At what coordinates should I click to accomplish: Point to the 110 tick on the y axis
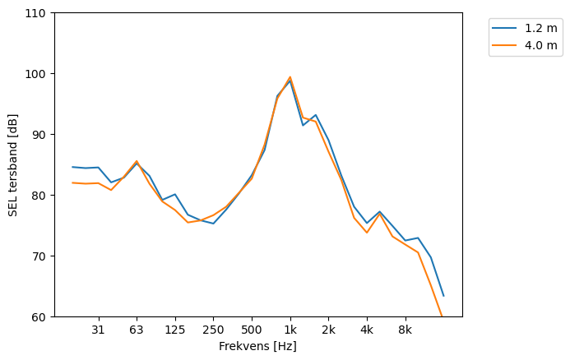[36, 13]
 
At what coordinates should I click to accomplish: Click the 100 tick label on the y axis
[36, 74]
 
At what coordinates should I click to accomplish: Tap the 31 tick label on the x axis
[99, 330]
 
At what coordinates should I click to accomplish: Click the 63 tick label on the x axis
[137, 330]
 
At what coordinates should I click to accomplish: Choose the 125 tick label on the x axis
[175, 330]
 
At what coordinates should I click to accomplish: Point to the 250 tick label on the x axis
[213, 330]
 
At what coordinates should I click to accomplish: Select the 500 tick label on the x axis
[252, 330]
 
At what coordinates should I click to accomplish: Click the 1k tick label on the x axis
[290, 330]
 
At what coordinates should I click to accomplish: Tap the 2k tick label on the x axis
[328, 330]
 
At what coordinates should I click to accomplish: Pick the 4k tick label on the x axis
[367, 330]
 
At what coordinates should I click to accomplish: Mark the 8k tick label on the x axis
[405, 330]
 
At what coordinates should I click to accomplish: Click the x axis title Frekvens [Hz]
[257, 346]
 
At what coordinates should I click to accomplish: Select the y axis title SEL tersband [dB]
[13, 165]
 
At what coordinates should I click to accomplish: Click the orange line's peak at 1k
[290, 77]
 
